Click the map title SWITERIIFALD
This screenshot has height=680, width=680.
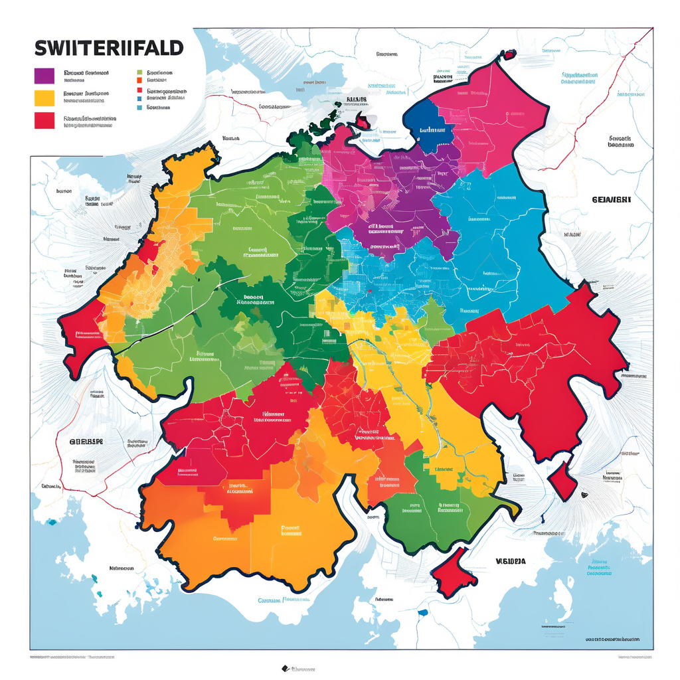tap(108, 48)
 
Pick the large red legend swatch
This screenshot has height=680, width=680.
tap(43, 120)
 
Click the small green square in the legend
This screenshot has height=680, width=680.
tap(139, 73)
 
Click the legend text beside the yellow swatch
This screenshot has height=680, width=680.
tap(86, 98)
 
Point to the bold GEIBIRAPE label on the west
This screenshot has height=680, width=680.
tap(86, 441)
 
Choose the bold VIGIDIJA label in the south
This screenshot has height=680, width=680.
tap(511, 561)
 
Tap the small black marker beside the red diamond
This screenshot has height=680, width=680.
tap(584, 495)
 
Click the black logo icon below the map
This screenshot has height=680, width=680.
tap(284, 669)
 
